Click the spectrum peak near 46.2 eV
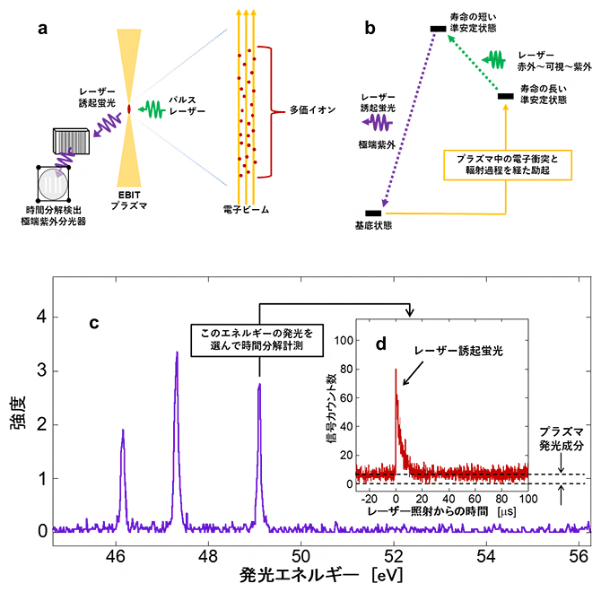(123, 431)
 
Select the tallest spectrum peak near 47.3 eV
(177, 353)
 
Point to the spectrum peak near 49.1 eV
(259, 386)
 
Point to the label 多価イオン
(313, 111)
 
